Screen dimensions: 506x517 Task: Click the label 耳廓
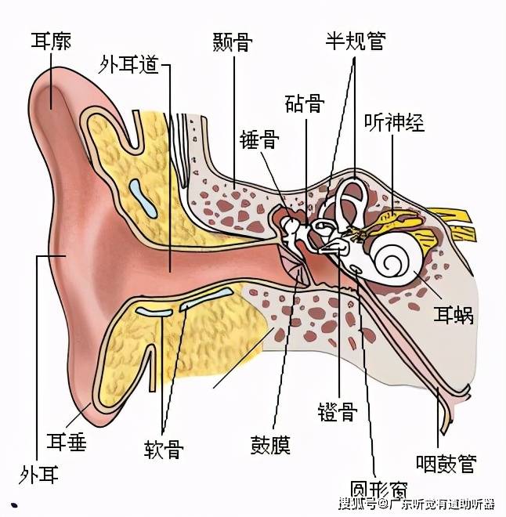(x=51, y=41)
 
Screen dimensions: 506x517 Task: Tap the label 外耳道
(x=128, y=64)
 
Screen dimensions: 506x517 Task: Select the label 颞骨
(x=233, y=42)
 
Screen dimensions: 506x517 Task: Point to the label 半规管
(x=356, y=41)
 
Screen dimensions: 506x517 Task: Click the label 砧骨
(x=305, y=103)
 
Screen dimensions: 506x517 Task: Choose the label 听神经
(x=394, y=122)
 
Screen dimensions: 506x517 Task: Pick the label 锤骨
(x=259, y=139)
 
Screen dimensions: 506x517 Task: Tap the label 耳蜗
(x=454, y=315)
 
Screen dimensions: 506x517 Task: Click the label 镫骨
(x=338, y=411)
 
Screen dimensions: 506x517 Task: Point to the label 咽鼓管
(x=446, y=464)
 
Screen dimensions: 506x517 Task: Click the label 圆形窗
(x=378, y=490)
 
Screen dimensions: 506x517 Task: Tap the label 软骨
(x=164, y=449)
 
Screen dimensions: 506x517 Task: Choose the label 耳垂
(x=67, y=442)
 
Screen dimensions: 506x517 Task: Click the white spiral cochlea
(x=396, y=254)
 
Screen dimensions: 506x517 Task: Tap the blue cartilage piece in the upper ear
(x=143, y=198)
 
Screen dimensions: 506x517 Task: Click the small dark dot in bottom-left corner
(x=14, y=504)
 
